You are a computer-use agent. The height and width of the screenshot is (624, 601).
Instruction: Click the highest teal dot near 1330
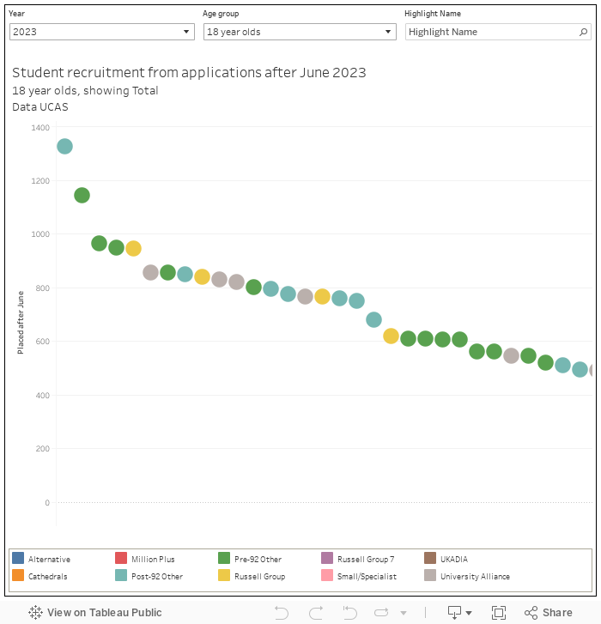[x=64, y=147]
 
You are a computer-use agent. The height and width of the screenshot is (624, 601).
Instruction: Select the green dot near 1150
[x=82, y=195]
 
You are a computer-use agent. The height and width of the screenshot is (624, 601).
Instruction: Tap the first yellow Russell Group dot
[x=133, y=248]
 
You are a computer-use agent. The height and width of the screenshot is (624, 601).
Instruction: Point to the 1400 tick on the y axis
[x=40, y=127]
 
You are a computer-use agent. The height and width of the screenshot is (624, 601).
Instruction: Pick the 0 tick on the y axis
[x=46, y=503]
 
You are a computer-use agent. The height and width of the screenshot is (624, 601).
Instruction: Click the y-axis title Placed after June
[x=21, y=322]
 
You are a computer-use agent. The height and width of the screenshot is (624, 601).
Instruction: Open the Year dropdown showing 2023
[x=102, y=32]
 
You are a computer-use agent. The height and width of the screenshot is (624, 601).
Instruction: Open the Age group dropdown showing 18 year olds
[x=299, y=32]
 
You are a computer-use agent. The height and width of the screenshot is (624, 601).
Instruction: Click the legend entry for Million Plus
[x=153, y=560]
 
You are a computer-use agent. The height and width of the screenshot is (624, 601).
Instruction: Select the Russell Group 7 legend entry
[x=366, y=560]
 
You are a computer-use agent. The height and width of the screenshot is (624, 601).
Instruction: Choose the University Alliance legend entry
[x=475, y=577]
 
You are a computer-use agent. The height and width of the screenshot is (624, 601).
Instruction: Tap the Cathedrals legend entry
[x=47, y=577]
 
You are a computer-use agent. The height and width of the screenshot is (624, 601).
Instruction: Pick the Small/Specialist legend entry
[x=367, y=577]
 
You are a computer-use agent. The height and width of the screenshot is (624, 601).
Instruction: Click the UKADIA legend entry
[x=454, y=560]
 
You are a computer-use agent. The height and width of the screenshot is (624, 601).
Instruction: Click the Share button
[x=549, y=613]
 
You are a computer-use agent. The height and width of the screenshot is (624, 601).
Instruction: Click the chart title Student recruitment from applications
[x=189, y=72]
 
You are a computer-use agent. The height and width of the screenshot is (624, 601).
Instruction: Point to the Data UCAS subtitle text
[x=40, y=107]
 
